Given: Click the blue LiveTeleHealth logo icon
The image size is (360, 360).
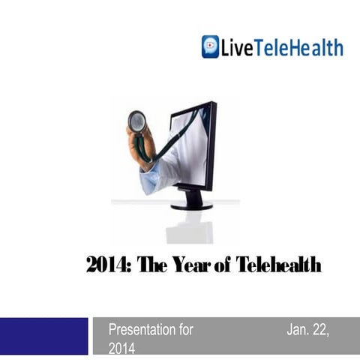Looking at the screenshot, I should coord(211,46).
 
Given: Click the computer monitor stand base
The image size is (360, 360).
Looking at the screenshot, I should coord(192,205).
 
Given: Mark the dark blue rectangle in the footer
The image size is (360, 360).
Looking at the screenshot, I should coord(43,336).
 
